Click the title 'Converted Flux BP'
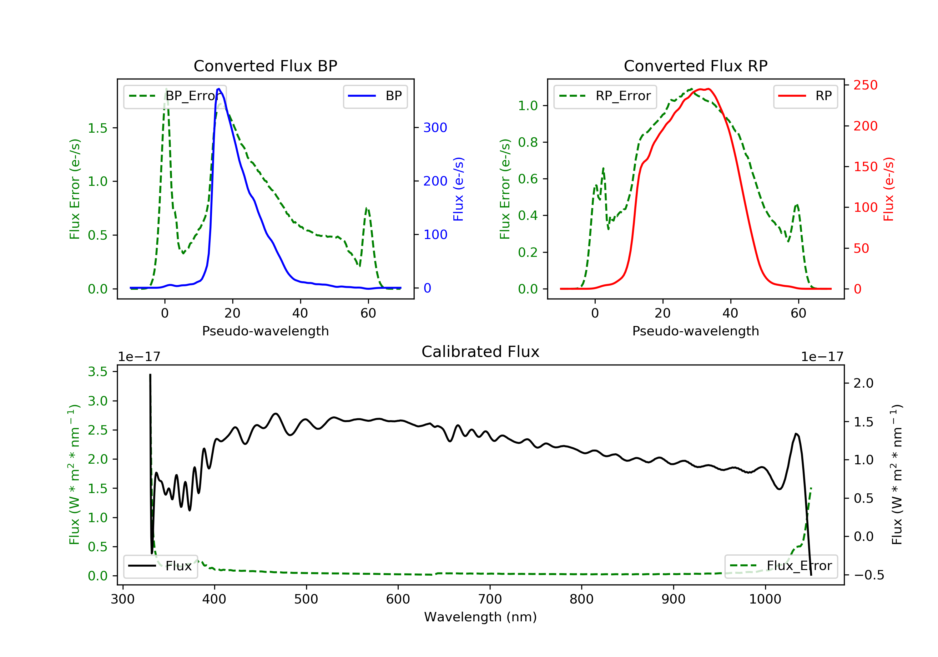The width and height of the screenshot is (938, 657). point(265,66)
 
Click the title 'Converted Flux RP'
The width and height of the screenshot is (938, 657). point(695,66)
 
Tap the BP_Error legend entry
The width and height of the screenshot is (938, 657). point(175,96)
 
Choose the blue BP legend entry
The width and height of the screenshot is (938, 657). point(375,96)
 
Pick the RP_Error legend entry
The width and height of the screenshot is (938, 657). point(605,96)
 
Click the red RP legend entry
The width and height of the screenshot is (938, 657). point(805,96)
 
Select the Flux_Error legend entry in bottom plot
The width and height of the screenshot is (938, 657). point(781,566)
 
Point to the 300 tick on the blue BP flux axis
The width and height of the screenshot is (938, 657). point(435,128)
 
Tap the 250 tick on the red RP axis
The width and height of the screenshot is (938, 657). point(865,85)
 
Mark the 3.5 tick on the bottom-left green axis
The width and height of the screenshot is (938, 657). point(98,372)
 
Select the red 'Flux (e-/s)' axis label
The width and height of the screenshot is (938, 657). point(889,189)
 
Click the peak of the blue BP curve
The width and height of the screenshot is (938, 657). point(219,89)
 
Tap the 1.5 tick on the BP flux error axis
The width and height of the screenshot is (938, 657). point(98,128)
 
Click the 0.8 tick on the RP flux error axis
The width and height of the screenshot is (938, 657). point(528,142)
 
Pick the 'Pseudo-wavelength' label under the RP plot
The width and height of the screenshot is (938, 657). point(695,331)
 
